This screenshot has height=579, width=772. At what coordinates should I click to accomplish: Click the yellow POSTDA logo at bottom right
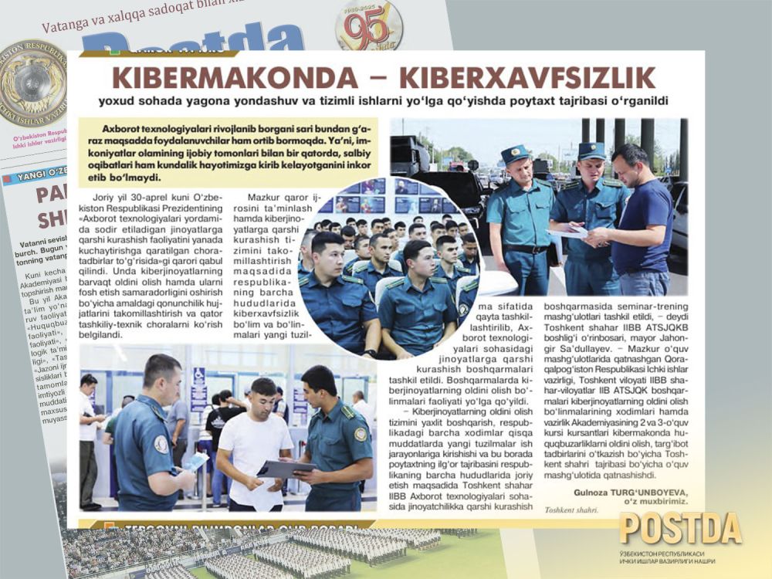(680, 529)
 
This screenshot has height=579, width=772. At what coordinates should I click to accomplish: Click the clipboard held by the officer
(285, 469)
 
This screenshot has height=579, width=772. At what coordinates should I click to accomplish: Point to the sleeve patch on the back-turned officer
(161, 445)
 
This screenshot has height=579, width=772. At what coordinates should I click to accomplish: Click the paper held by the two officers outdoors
(566, 230)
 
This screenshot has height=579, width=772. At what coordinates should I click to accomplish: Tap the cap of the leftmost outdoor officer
(514, 154)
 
